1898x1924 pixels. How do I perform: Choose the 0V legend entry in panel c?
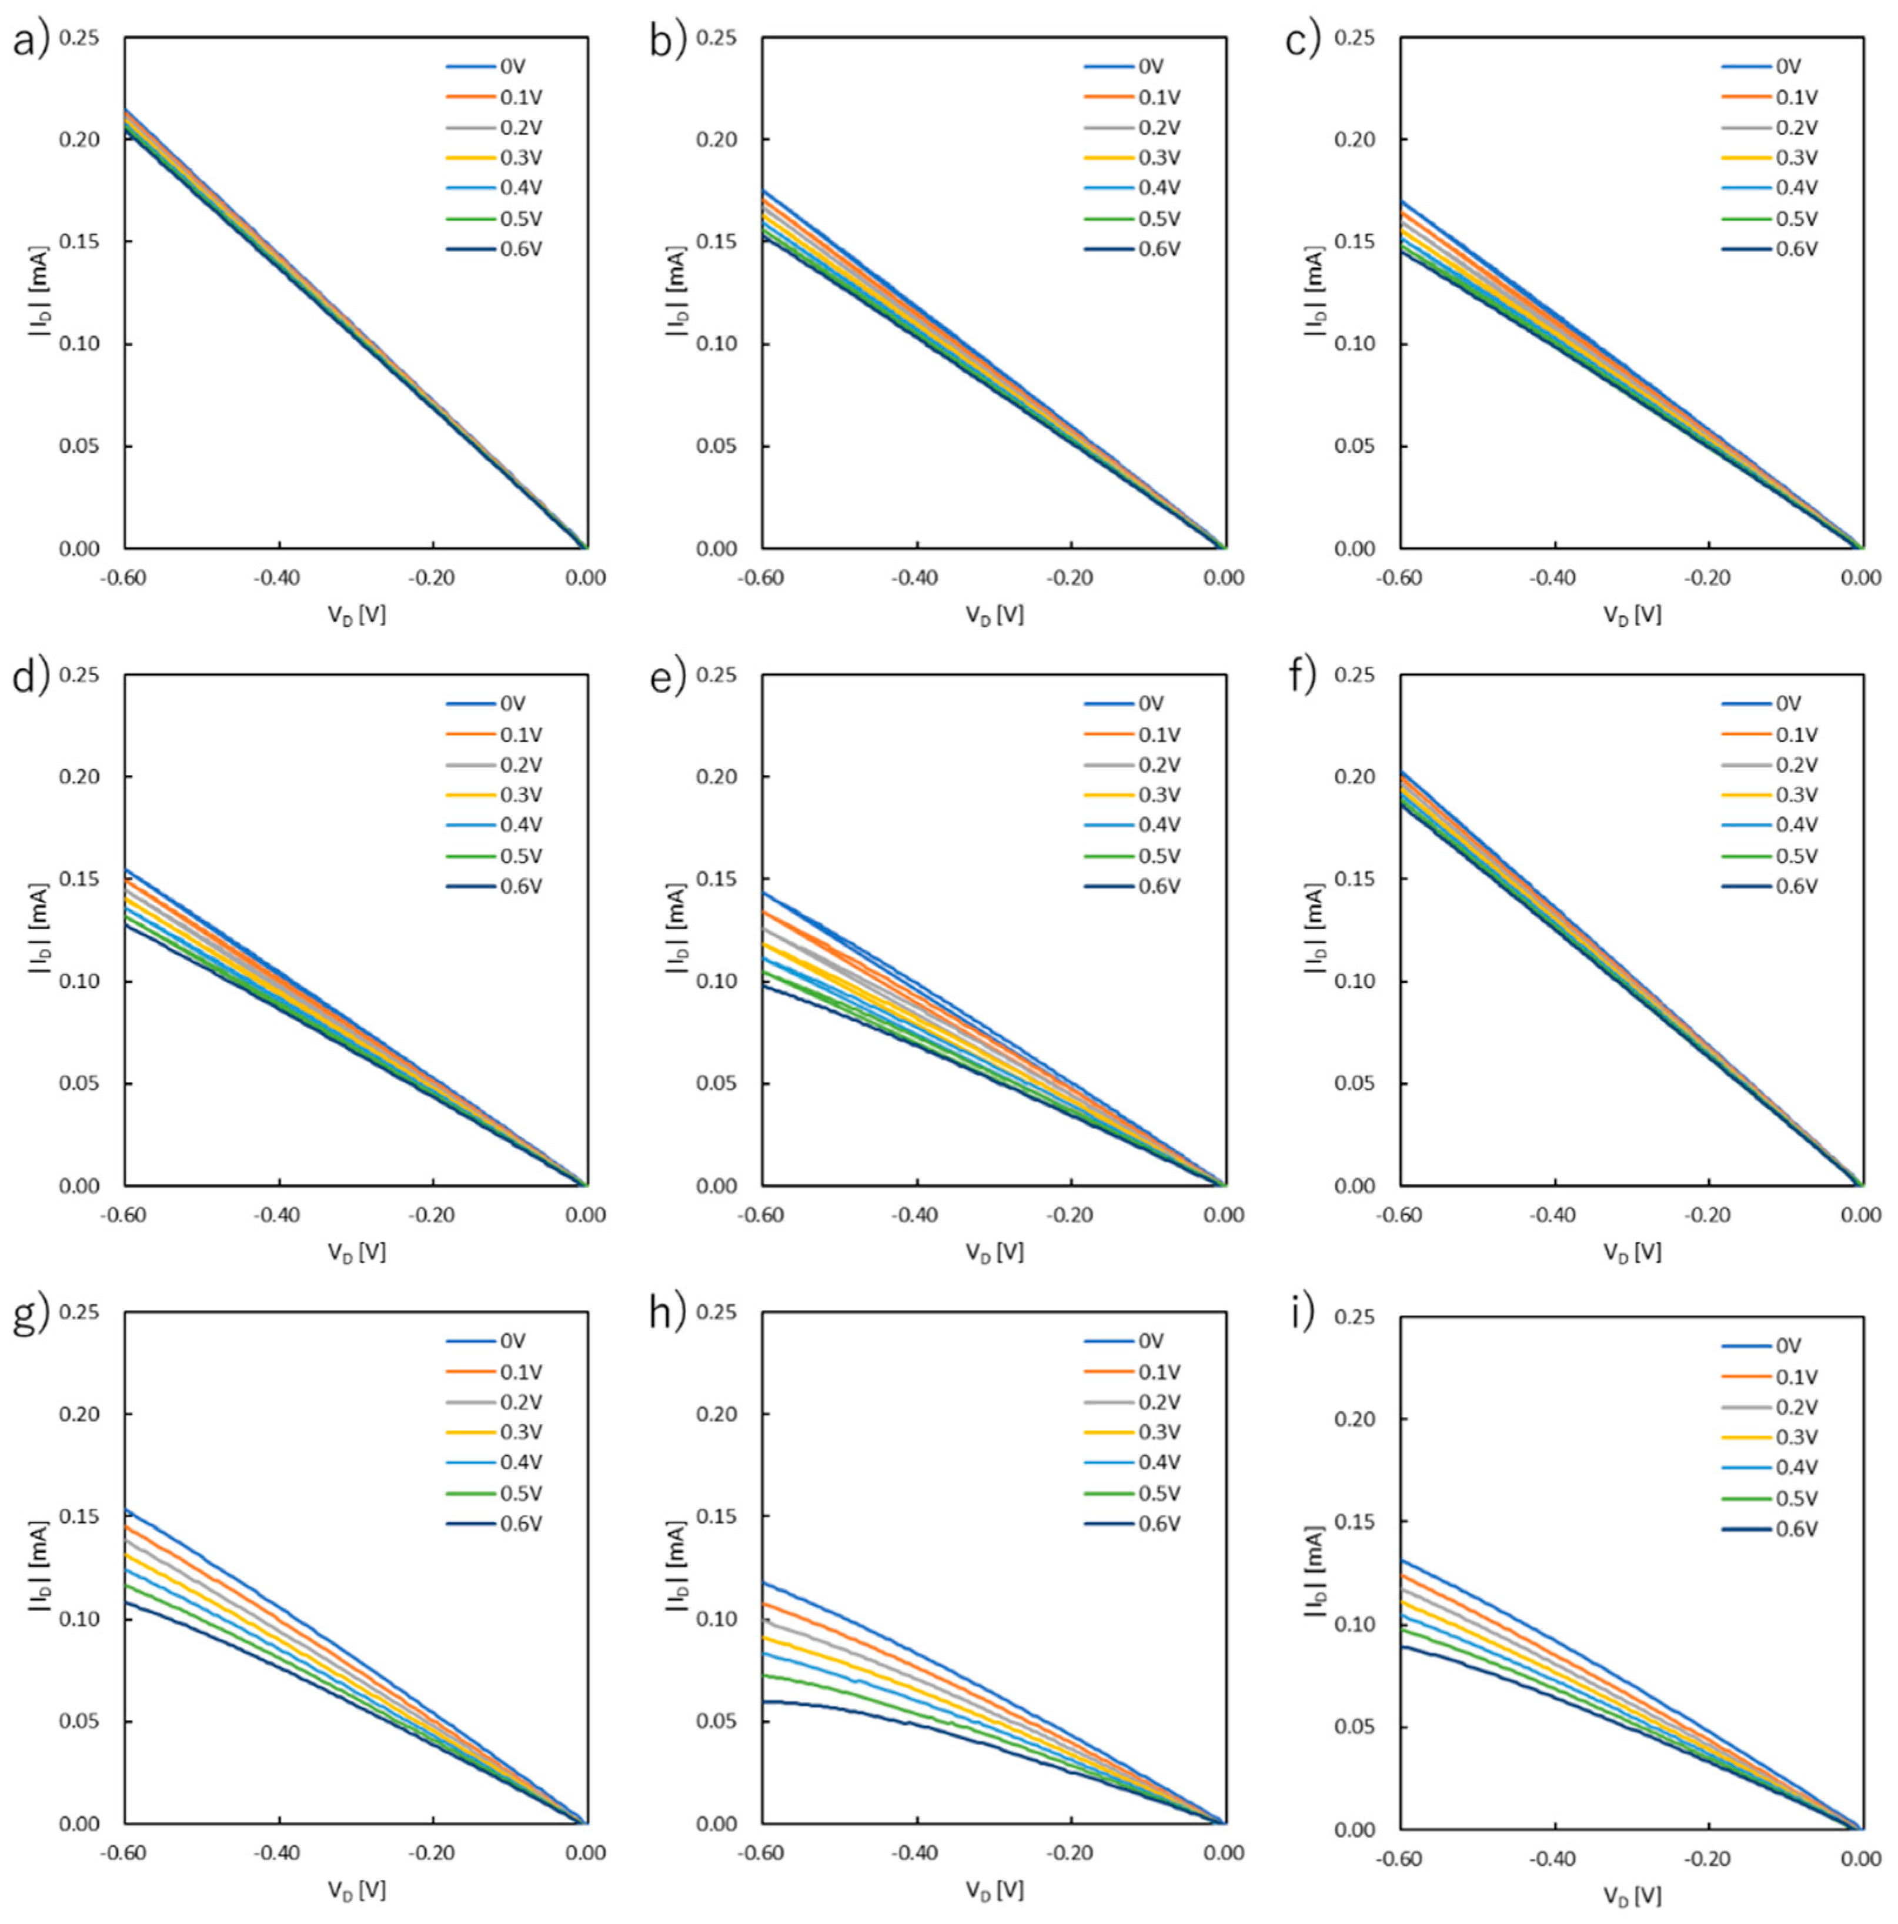pyautogui.click(x=1789, y=66)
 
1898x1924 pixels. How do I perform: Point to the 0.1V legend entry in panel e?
pyautogui.click(x=1159, y=735)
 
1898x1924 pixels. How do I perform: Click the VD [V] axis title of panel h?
pyautogui.click(x=993, y=1889)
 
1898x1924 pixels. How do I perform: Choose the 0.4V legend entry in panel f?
pyautogui.click(x=1796, y=824)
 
